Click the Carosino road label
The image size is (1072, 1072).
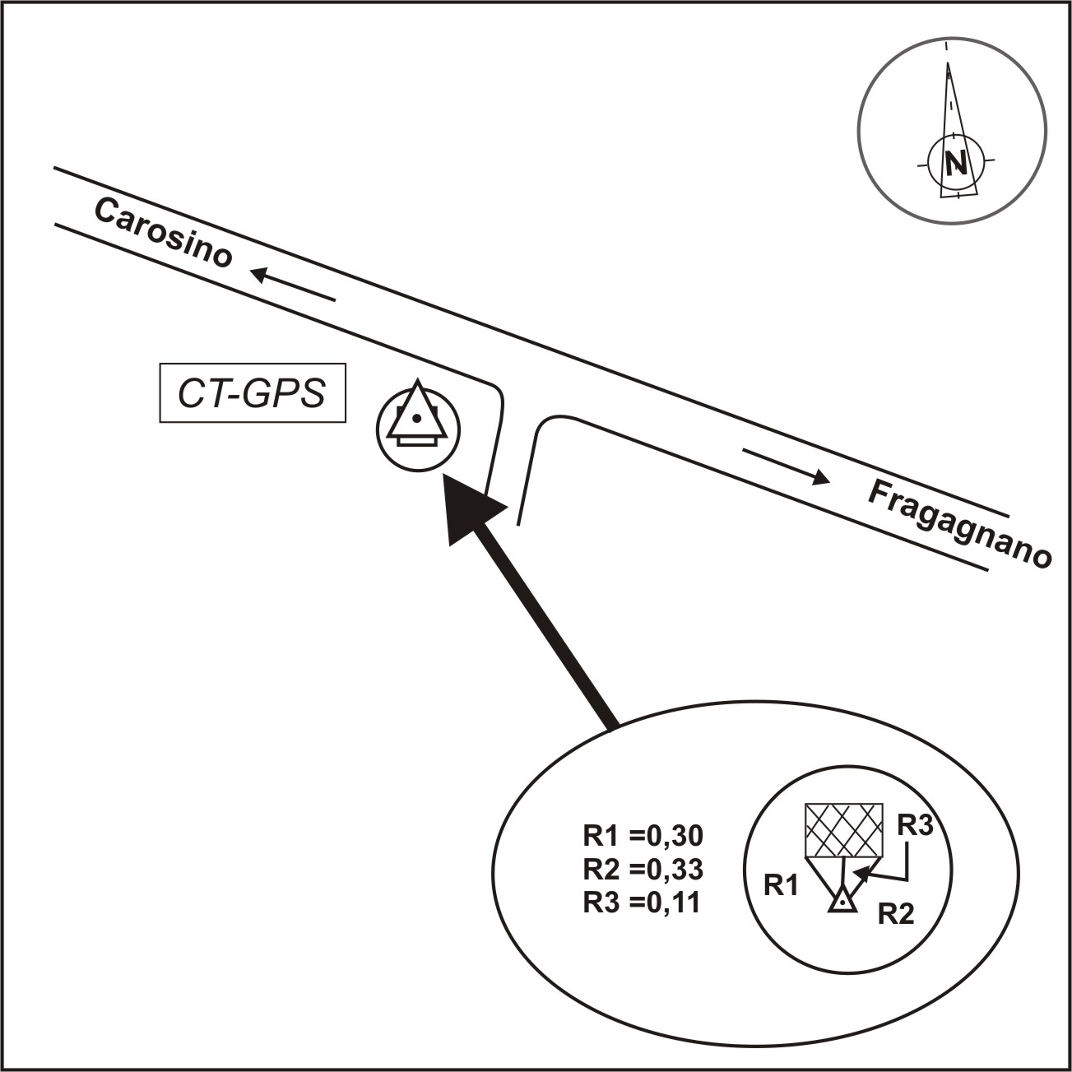pos(163,234)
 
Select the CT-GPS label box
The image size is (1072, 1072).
pos(253,394)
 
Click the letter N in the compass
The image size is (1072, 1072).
pos(955,164)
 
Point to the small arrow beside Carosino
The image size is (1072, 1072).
pos(293,285)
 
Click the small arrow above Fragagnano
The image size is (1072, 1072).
pos(786,465)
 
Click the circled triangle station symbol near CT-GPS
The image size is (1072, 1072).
pos(417,429)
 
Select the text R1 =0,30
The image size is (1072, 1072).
pos(643,836)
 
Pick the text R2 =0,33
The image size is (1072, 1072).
pos(643,869)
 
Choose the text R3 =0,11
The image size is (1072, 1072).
pos(642,903)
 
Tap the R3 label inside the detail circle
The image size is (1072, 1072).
pos(915,825)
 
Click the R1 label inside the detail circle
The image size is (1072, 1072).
pos(782,885)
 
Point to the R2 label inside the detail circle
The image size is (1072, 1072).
pos(895,914)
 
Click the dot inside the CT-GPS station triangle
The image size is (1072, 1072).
pos(417,419)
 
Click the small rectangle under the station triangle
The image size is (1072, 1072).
pos(417,442)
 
